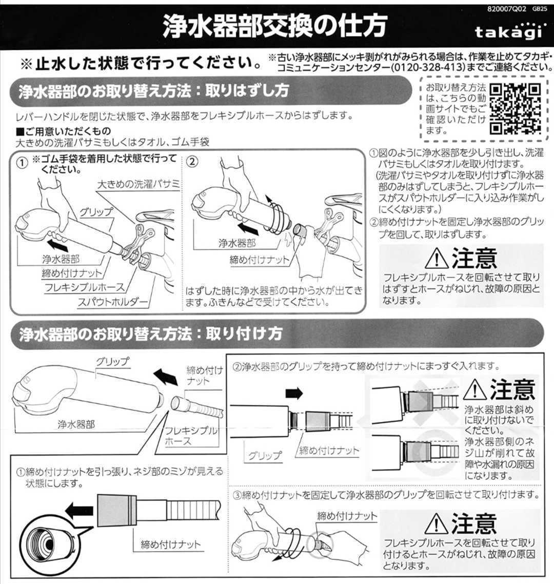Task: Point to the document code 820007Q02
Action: (x=506, y=8)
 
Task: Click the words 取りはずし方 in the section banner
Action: (x=247, y=91)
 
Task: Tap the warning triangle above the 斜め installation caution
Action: (x=474, y=391)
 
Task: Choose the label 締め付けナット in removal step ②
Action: (x=259, y=260)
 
